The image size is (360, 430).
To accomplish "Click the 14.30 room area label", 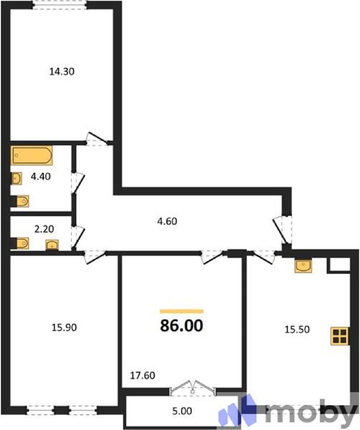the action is click(x=62, y=71).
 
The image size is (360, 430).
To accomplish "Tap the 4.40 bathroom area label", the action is click(x=41, y=177).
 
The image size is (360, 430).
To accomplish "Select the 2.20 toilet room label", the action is click(x=44, y=229).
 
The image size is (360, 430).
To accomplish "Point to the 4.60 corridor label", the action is click(x=167, y=221).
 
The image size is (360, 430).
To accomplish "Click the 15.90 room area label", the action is click(x=64, y=328).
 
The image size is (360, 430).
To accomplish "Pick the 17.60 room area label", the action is click(x=143, y=375).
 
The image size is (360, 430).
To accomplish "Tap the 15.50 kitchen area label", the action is click(x=297, y=329).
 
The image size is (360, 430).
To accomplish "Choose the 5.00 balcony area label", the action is click(x=182, y=411).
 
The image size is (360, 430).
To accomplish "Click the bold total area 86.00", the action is click(x=182, y=326).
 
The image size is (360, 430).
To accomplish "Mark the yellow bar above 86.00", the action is click(x=182, y=311).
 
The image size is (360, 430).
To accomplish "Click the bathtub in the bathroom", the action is click(x=31, y=155).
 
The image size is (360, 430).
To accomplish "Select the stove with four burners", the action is click(x=340, y=336).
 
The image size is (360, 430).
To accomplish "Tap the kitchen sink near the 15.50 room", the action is click(x=303, y=266).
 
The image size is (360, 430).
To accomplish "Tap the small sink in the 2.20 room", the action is click(x=52, y=245).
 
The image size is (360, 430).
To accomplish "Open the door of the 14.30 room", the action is click(x=97, y=139).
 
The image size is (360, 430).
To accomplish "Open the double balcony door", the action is click(x=193, y=388).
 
